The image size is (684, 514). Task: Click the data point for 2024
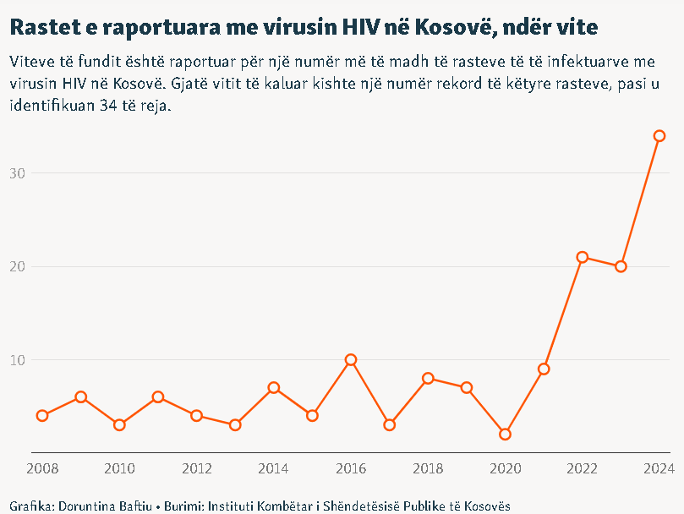pos(659,136)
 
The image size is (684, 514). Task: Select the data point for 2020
pos(505,435)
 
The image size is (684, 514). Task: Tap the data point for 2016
pos(351,360)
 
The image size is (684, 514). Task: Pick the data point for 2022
pos(583,257)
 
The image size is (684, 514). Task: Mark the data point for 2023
pos(621,266)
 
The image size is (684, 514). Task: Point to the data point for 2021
pos(544,369)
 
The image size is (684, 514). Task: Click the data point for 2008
pos(42,416)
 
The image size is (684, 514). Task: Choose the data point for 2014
pos(274,388)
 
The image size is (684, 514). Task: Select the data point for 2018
pos(428,379)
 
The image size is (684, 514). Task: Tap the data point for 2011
pos(158,397)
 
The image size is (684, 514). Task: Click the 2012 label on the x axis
pos(196,468)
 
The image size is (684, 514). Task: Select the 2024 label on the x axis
pos(658,468)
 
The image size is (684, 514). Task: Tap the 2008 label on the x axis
pos(42,468)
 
